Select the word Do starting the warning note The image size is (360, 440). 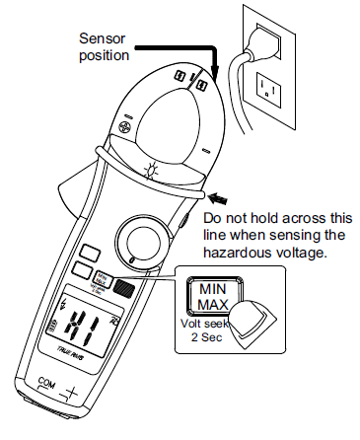212,217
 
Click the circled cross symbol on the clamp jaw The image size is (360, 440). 125,127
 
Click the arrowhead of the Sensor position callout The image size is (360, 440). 211,74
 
